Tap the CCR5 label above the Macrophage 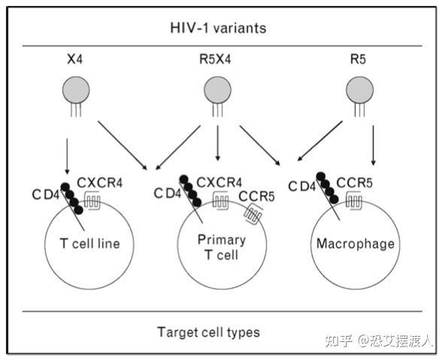click(x=356, y=182)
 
